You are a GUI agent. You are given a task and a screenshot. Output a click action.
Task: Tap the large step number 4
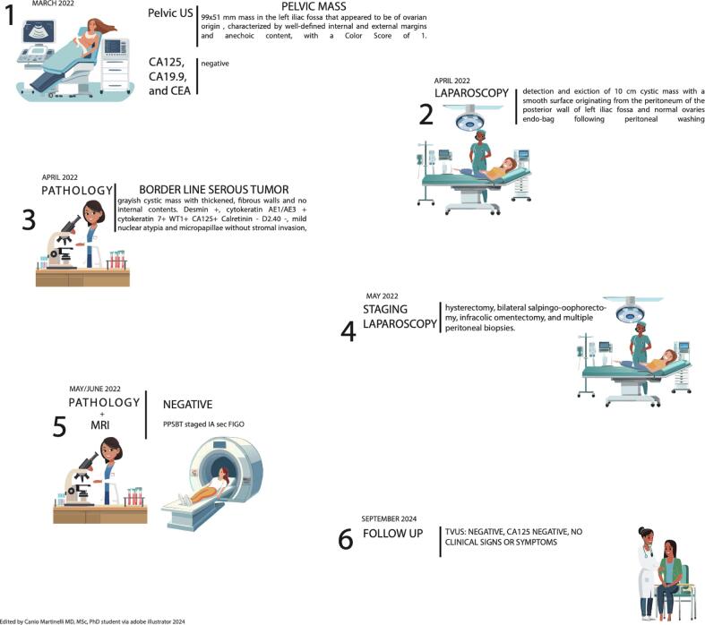pyautogui.click(x=348, y=330)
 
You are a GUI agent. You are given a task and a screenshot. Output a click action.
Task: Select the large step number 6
pyautogui.click(x=345, y=542)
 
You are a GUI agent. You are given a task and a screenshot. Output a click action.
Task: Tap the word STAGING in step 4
pyautogui.click(x=386, y=310)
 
